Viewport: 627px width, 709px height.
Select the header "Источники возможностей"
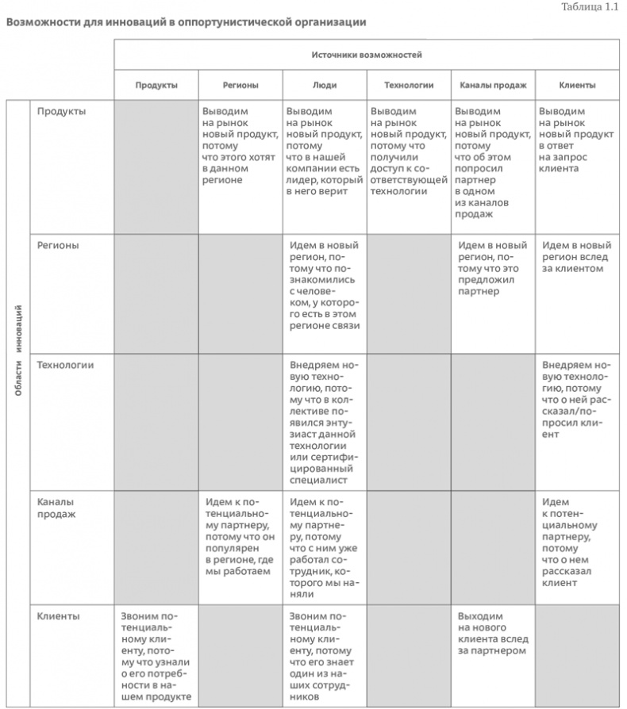pos(366,55)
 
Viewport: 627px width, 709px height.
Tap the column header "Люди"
pos(324,85)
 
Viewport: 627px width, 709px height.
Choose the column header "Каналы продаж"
pos(493,85)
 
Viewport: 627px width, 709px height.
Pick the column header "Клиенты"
pos(577,85)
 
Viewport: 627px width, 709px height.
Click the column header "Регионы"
pos(240,85)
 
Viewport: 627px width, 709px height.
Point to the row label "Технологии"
pos(66,365)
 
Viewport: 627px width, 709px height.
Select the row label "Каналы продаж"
pos(56,508)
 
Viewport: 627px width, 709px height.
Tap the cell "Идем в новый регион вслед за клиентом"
pos(577,257)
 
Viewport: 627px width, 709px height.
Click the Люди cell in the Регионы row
pos(325,286)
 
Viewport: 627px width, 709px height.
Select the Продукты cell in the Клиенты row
pos(156,655)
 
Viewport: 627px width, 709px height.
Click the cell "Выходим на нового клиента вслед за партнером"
pos(492,633)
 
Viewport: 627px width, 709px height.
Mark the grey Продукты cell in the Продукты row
pos(156,167)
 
